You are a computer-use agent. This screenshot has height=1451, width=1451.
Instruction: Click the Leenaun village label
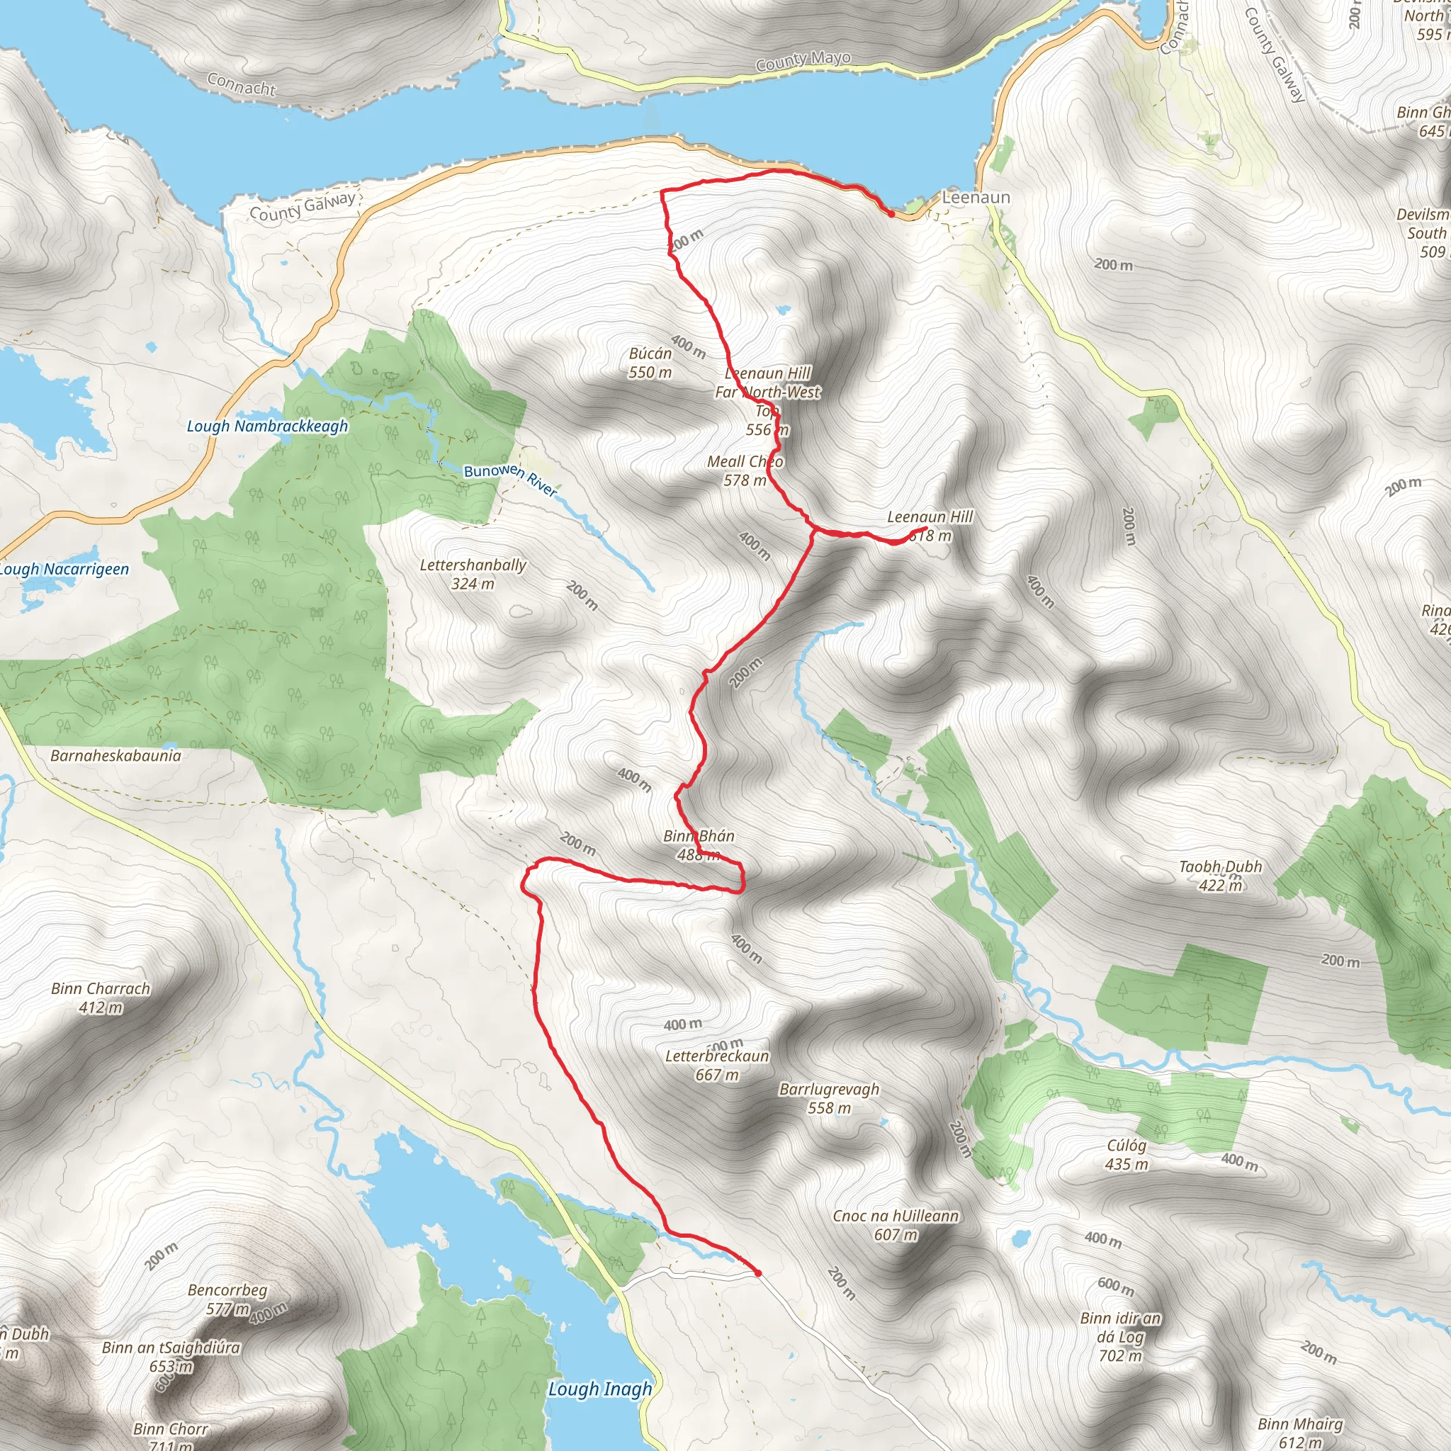pos(976,198)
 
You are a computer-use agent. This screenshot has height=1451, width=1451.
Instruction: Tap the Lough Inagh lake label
pos(599,1389)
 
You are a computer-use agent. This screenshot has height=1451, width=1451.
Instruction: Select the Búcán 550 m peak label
pos(650,363)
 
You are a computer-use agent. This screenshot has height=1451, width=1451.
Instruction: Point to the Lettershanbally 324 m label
pos(473,574)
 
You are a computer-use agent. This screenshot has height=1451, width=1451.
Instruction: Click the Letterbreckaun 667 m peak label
pos(716,1065)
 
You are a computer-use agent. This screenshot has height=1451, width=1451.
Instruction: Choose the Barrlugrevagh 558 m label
pos(828,1098)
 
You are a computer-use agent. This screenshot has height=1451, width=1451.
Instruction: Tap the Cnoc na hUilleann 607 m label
pos(896,1225)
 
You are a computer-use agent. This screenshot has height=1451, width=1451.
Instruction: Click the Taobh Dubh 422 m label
pos(1220,876)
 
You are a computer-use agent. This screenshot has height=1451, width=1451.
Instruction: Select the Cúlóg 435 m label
pos(1127,1154)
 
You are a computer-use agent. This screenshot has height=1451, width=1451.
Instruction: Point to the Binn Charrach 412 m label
pos(101,998)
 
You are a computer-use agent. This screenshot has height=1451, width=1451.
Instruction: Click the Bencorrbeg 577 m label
pos(227,1299)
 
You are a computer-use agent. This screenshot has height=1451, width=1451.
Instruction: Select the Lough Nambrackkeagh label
pos(267,427)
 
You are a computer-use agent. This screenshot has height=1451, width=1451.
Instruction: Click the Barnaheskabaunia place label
pos(115,755)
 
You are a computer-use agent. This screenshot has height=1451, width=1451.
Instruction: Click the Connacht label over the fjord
pos(241,84)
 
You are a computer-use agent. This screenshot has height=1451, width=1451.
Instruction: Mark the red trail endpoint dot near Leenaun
pos(891,214)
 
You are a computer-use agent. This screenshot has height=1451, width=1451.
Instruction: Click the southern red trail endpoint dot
pos(758,1273)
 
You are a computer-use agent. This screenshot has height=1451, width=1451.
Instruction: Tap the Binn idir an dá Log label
pos(1120,1337)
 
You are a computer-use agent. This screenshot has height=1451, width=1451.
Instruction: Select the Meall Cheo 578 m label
pos(745,471)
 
